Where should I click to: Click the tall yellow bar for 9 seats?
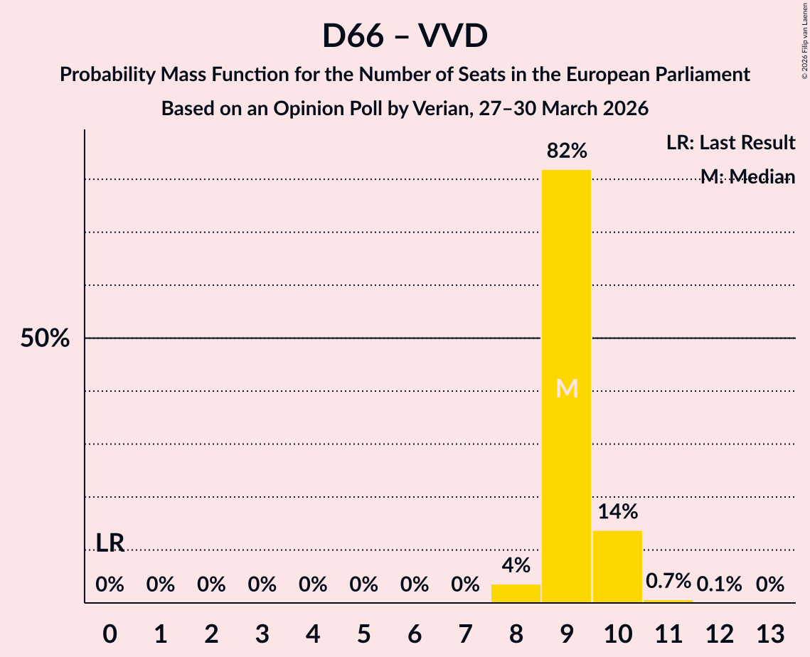click(x=566, y=386)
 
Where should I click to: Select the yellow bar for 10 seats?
click(x=617, y=567)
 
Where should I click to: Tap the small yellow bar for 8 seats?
click(x=516, y=594)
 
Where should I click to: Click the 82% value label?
click(x=567, y=151)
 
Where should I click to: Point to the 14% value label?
click(x=618, y=511)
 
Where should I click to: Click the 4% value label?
click(x=516, y=565)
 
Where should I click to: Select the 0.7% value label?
click(x=668, y=581)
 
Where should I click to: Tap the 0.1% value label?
click(x=719, y=584)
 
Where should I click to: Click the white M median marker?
click(x=567, y=388)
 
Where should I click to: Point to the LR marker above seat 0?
click(x=110, y=543)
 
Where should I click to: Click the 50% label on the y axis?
click(x=45, y=338)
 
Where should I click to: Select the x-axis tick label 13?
click(x=770, y=634)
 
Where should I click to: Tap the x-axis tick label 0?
click(x=110, y=634)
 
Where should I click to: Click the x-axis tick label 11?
click(x=668, y=634)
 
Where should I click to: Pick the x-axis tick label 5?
click(x=363, y=634)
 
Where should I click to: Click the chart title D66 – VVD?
click(x=405, y=36)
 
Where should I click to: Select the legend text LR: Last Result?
click(x=730, y=142)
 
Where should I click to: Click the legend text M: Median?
click(x=747, y=177)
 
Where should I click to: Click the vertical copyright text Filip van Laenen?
click(x=804, y=32)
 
